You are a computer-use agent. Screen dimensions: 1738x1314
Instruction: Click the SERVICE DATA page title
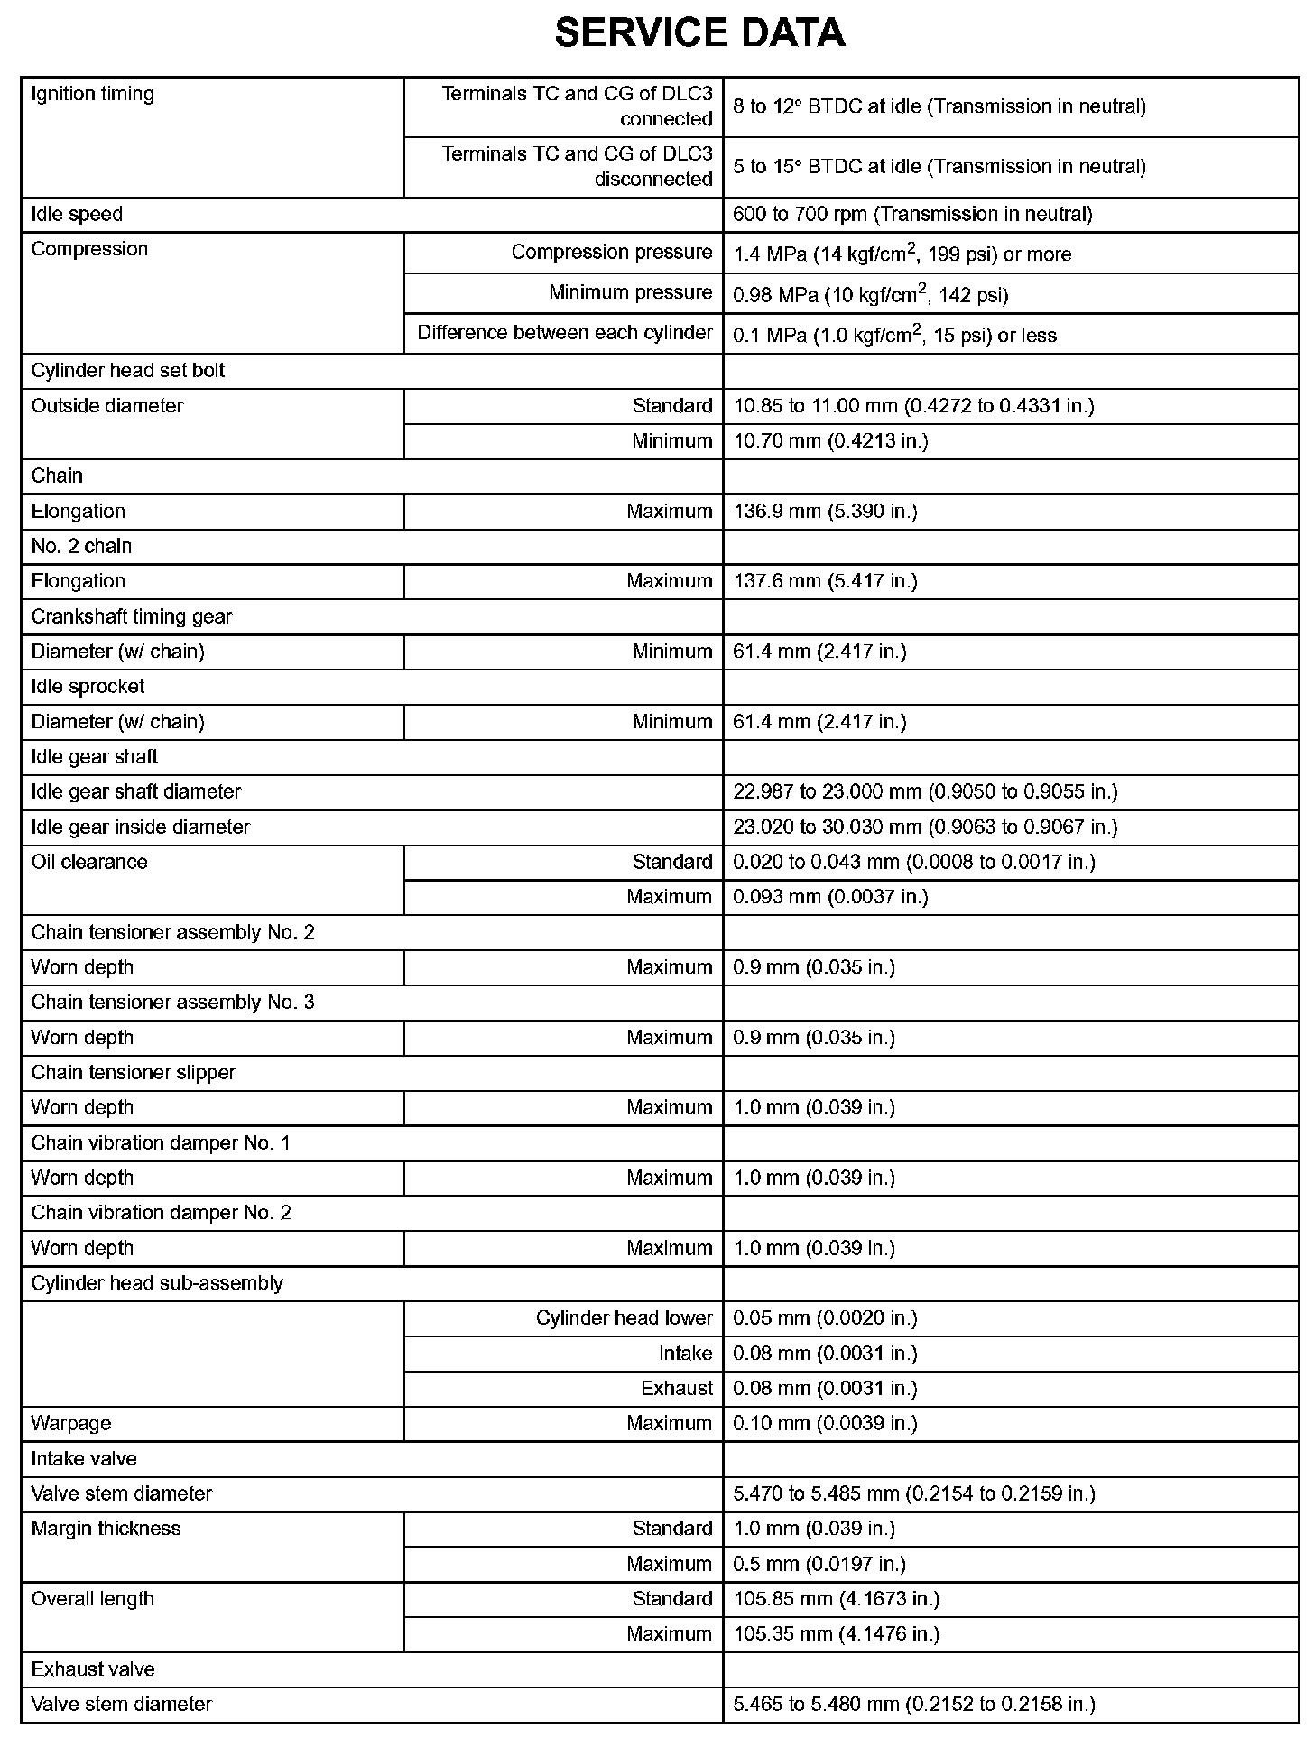(x=699, y=33)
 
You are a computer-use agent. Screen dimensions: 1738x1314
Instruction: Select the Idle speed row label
(x=77, y=215)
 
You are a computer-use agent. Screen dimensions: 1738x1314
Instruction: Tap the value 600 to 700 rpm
(x=912, y=215)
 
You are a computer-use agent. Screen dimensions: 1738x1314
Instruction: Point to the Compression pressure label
(x=611, y=253)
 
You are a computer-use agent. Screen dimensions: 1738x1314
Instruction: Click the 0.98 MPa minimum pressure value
(x=870, y=294)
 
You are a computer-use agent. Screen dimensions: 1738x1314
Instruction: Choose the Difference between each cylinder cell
(x=564, y=333)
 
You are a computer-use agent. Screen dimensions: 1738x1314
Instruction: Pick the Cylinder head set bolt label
(x=128, y=371)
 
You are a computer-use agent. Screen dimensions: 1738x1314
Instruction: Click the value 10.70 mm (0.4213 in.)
(x=830, y=441)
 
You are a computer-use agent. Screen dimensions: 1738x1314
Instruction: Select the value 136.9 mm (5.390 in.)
(x=825, y=512)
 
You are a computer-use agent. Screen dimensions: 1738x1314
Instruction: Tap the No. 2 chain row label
(x=81, y=547)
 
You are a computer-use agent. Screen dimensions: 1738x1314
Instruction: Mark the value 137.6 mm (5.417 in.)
(x=825, y=581)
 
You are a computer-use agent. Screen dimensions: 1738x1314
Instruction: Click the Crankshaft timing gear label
(x=132, y=617)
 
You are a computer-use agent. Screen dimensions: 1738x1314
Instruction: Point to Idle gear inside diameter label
(x=140, y=827)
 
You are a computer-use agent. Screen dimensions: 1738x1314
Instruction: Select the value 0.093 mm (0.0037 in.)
(x=830, y=897)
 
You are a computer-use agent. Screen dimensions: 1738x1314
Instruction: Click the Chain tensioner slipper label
(x=133, y=1073)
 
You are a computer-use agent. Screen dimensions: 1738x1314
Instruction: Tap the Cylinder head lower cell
(x=624, y=1318)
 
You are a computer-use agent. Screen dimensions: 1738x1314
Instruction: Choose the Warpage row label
(x=71, y=1424)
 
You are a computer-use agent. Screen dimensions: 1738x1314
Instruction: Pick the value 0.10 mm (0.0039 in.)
(x=825, y=1424)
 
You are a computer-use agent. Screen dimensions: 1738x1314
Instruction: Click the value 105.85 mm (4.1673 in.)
(x=836, y=1599)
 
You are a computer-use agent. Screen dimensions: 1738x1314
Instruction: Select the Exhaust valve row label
(x=93, y=1669)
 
